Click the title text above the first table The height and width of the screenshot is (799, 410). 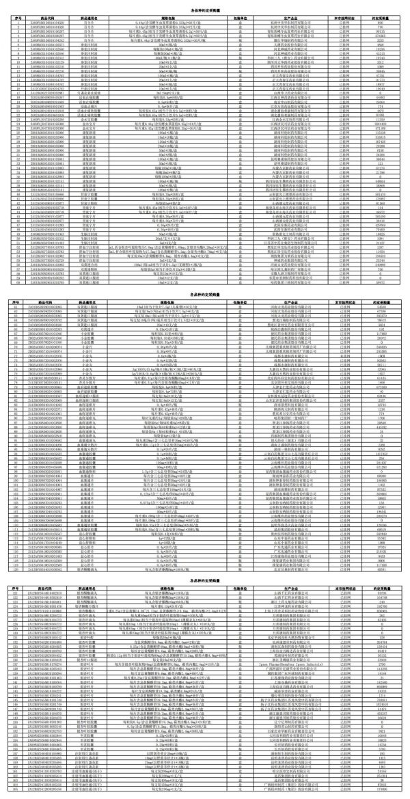point(204,6)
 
